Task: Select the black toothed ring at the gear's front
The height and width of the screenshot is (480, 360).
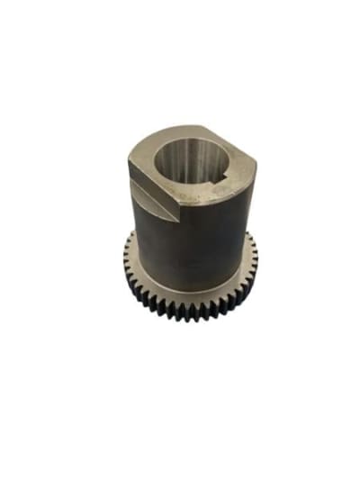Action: click(x=189, y=306)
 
